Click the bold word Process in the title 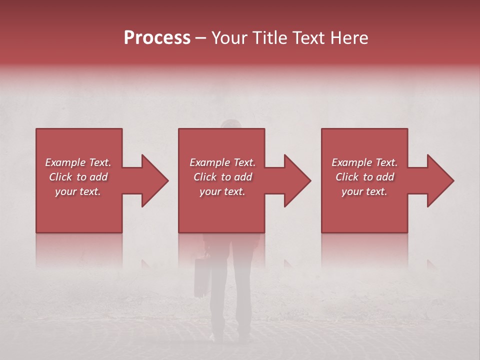157,38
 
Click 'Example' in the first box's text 65,162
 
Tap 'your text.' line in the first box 78,191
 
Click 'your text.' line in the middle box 222,191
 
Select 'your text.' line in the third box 364,191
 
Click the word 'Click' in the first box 61,177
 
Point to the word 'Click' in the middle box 205,177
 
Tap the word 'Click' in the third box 347,177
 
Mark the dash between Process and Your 201,38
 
